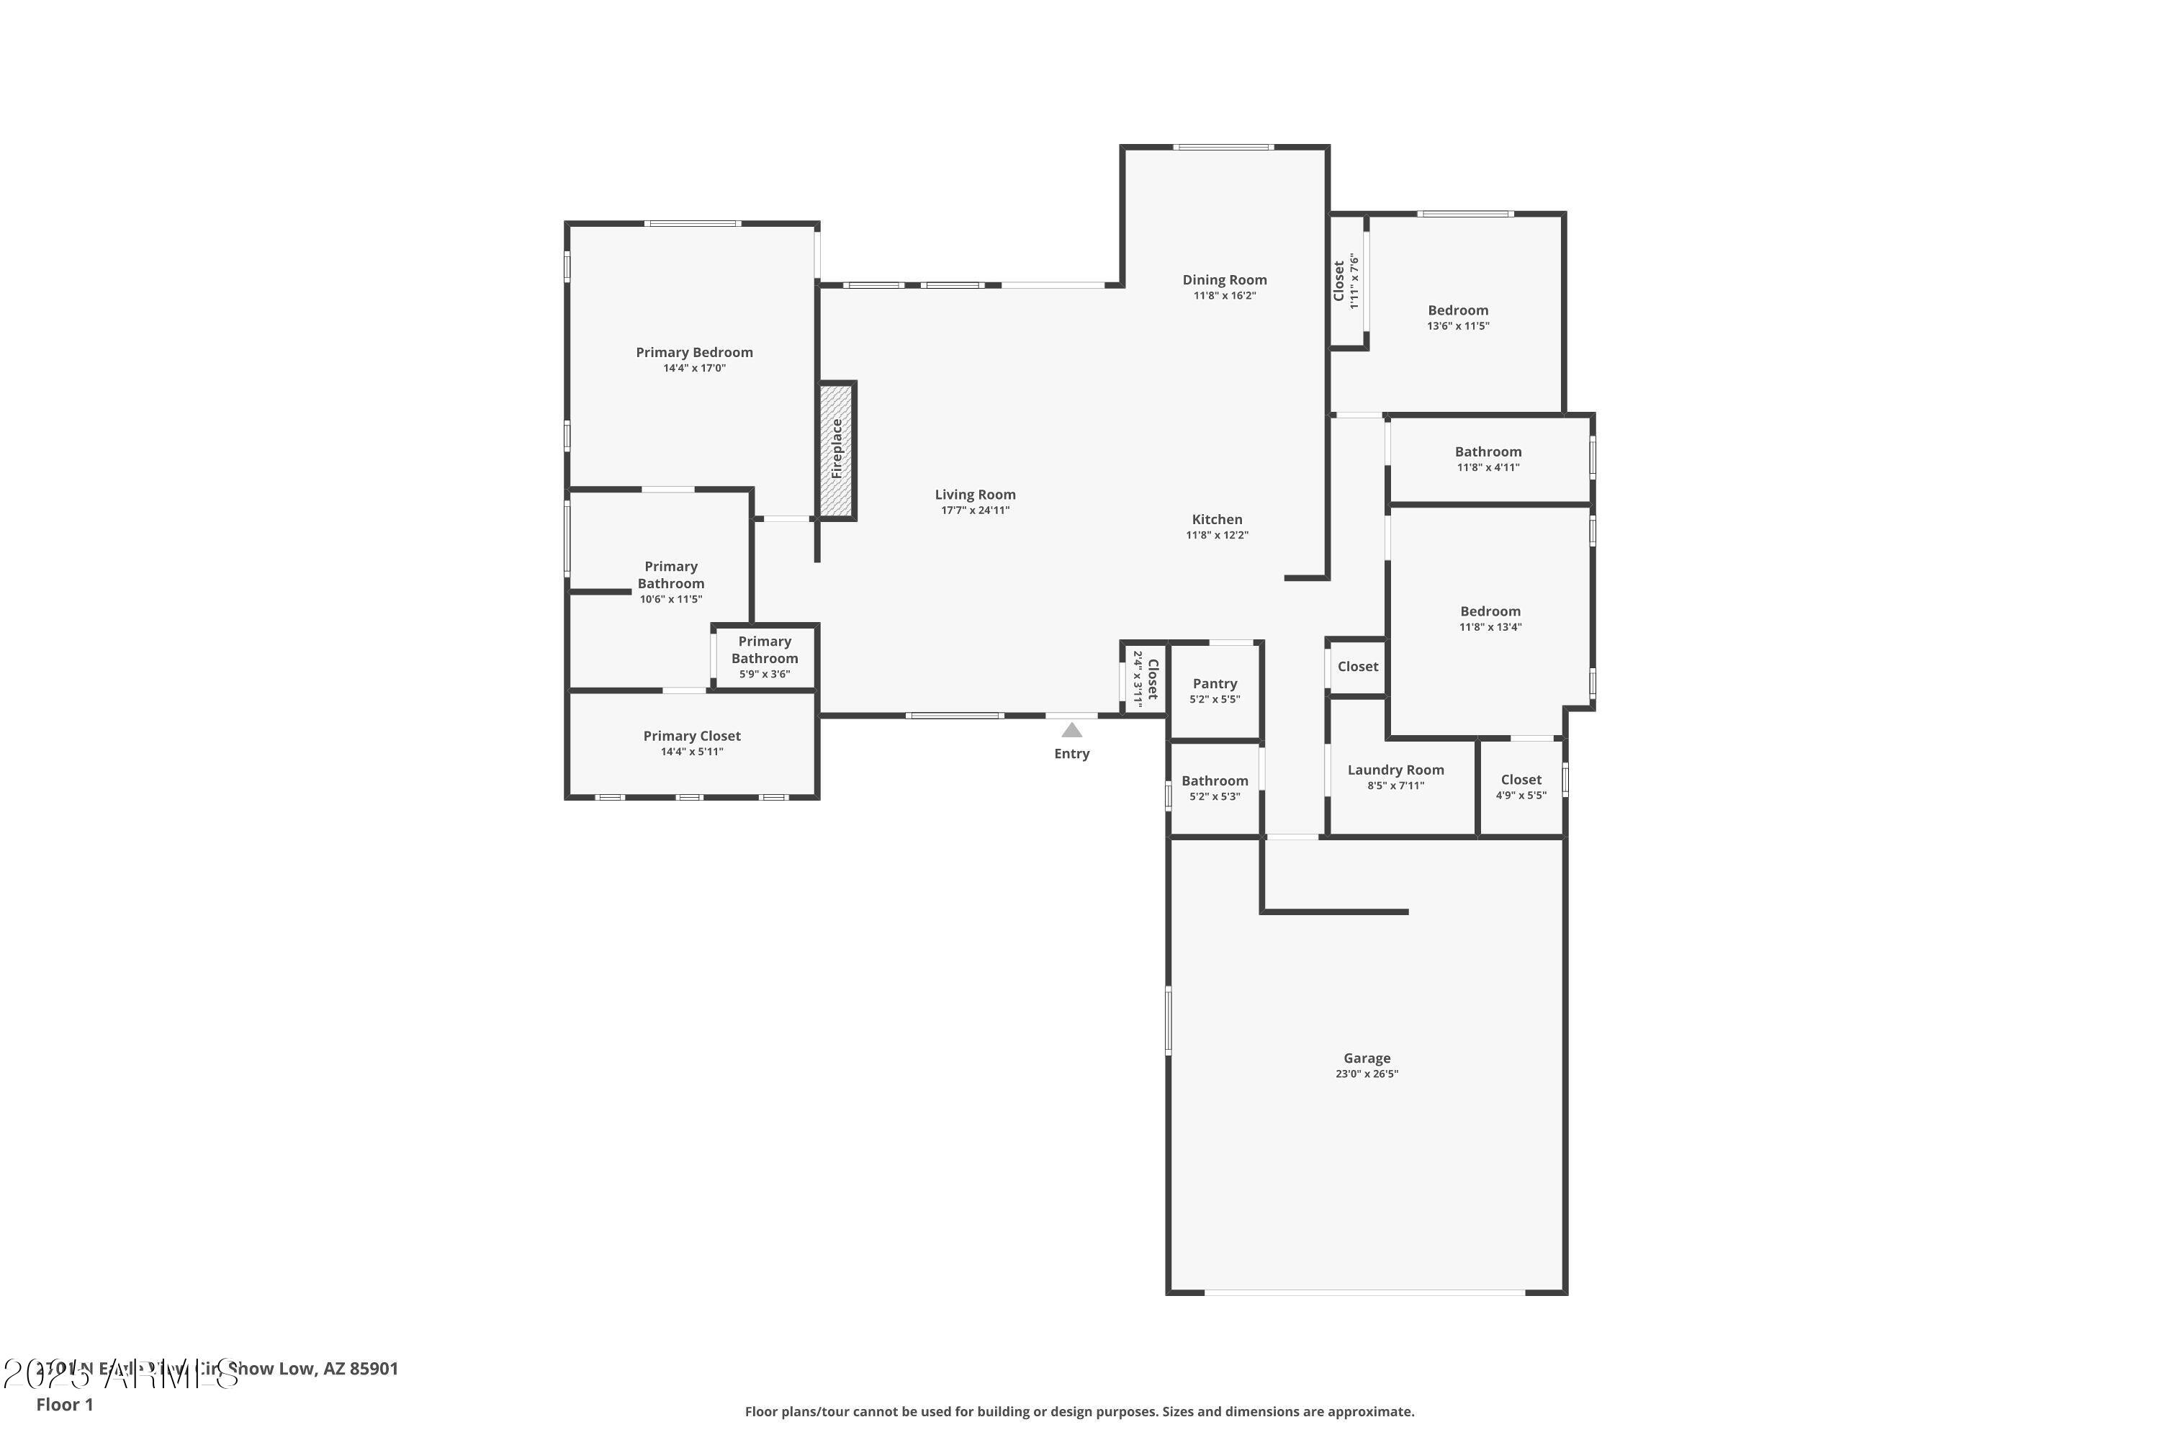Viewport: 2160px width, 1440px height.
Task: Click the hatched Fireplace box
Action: coord(836,450)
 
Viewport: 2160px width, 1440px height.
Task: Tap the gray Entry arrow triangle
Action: coord(1072,730)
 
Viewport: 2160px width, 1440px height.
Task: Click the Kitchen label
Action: coord(1217,520)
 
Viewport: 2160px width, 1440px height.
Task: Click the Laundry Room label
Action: coord(1395,770)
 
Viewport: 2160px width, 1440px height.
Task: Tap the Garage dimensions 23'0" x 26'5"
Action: coord(1367,1074)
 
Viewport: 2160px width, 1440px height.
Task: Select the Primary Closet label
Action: coord(691,737)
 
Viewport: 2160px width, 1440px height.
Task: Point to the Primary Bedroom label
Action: coord(694,353)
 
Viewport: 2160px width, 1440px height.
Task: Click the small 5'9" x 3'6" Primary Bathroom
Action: coord(764,657)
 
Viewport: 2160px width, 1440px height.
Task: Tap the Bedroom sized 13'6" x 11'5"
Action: coord(1457,317)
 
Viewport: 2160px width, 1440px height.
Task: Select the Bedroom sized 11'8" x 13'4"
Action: coord(1490,618)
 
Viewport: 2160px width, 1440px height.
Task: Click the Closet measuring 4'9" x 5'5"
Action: coord(1521,786)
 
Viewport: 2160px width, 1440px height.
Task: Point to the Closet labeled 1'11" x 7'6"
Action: coord(1346,281)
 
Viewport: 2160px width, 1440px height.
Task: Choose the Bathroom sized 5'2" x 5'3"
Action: coord(1214,788)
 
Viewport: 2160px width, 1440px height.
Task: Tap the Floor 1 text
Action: coord(64,1404)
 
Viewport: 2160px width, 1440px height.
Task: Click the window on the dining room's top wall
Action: coord(1223,147)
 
